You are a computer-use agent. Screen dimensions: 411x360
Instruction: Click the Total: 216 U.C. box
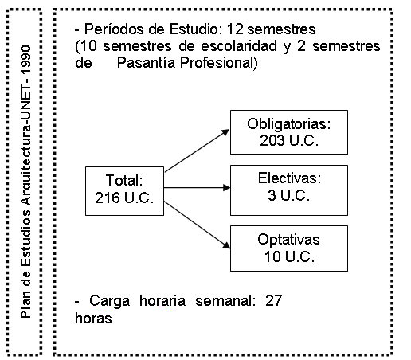click(x=124, y=191)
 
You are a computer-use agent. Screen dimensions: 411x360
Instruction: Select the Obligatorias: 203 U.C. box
click(x=289, y=132)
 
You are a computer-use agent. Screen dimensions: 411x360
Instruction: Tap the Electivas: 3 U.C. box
click(x=289, y=190)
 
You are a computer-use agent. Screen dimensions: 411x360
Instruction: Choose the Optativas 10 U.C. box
click(x=289, y=248)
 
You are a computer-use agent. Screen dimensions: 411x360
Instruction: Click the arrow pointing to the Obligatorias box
click(x=197, y=151)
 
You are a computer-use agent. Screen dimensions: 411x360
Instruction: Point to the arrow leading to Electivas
click(x=197, y=188)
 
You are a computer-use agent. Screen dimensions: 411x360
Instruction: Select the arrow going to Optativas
click(x=197, y=225)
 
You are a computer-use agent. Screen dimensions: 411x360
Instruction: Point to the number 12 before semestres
click(x=235, y=29)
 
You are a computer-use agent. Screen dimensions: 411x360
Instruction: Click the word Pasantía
click(x=146, y=63)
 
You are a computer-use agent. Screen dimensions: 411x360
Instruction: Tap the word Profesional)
click(x=219, y=63)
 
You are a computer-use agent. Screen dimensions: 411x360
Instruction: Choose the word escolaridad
click(x=239, y=46)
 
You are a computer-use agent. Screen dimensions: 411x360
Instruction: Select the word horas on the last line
click(x=93, y=318)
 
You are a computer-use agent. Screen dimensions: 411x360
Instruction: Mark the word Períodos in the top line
click(x=114, y=29)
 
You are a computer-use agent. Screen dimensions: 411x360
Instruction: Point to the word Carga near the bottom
click(x=109, y=302)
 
